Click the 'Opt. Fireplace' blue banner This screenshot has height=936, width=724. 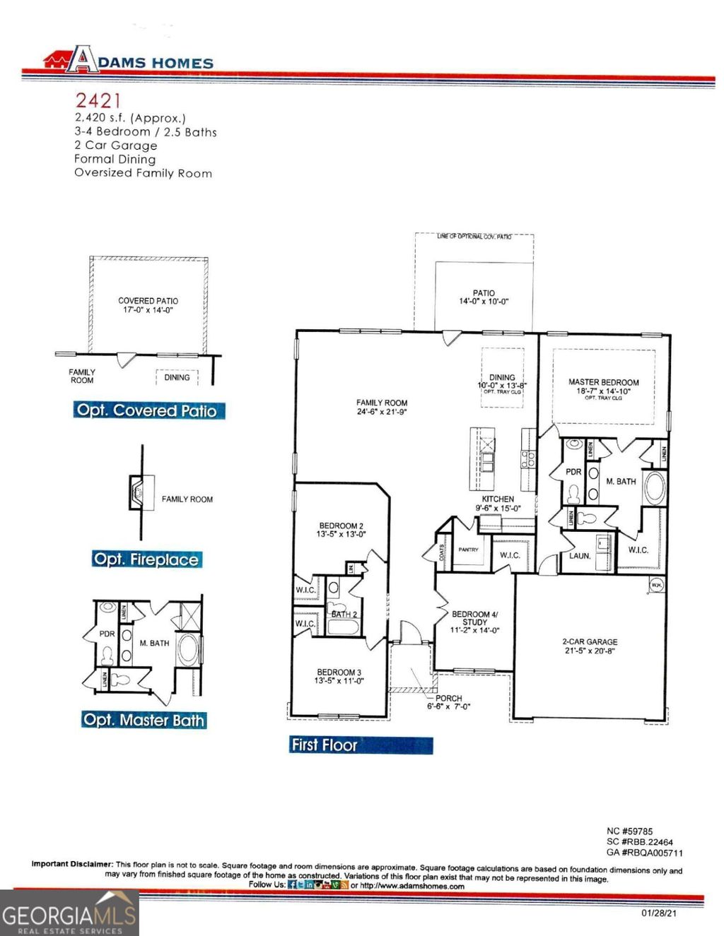(146, 559)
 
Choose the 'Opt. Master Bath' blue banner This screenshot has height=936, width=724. (144, 721)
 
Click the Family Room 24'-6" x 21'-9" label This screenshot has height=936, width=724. (382, 407)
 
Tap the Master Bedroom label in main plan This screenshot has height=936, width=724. (603, 386)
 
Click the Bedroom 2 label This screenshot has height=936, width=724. (341, 530)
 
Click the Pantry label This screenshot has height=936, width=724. (468, 550)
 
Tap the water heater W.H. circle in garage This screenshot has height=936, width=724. (655, 585)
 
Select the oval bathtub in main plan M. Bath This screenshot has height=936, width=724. (654, 488)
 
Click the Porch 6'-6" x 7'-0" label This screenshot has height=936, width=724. (448, 702)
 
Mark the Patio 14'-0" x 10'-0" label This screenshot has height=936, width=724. (484, 297)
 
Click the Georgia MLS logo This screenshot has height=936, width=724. (69, 913)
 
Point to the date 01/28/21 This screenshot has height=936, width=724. (659, 913)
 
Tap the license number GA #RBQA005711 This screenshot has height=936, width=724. (644, 853)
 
